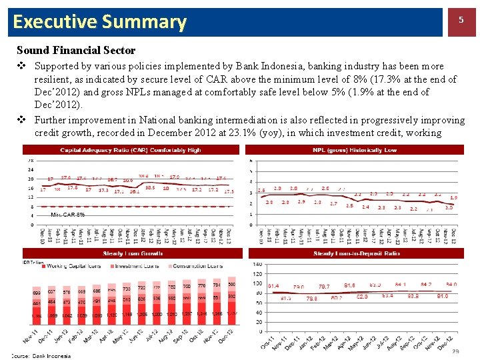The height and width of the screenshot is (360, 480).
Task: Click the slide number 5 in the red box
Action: [x=460, y=21]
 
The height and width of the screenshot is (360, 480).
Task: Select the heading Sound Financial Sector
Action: [x=76, y=50]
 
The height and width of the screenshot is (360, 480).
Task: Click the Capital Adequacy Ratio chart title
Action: [x=130, y=150]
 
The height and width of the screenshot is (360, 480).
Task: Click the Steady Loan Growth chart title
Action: [x=130, y=254]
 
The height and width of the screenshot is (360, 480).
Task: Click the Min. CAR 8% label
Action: [x=67, y=215]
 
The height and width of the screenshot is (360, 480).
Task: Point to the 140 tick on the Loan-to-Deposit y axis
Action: [x=258, y=265]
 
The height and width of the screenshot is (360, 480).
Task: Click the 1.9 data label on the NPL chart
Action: [x=454, y=197]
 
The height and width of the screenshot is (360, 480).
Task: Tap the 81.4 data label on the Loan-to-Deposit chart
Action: [x=273, y=286]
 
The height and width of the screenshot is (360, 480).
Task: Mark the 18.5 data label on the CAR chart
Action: [x=150, y=188]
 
